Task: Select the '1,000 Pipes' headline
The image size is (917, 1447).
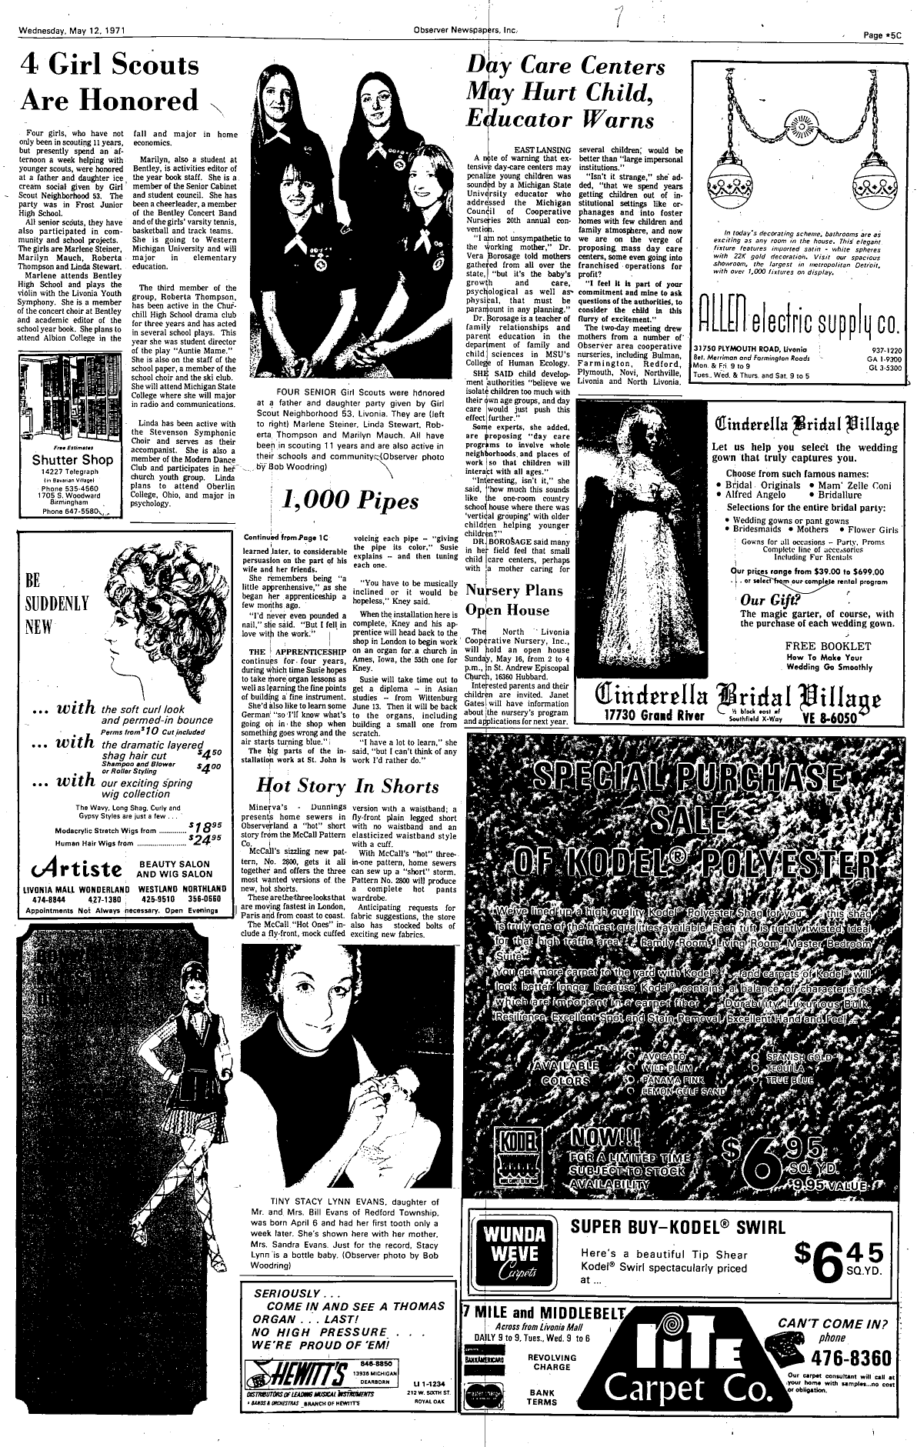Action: click(x=351, y=502)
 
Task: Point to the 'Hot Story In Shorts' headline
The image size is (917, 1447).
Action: click(x=347, y=785)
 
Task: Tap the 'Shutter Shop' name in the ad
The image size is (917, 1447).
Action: click(x=73, y=460)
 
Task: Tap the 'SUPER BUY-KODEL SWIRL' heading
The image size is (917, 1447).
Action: click(x=677, y=1225)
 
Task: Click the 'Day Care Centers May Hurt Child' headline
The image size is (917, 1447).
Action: click(x=559, y=92)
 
